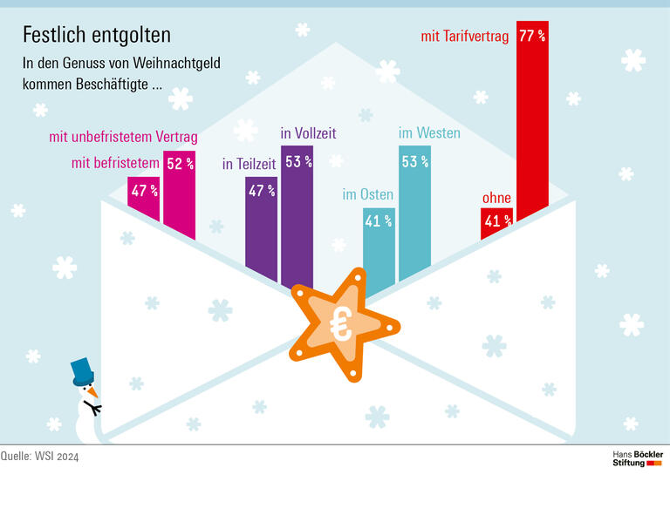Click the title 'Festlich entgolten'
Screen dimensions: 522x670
click(x=96, y=35)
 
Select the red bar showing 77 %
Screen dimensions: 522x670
click(x=532, y=113)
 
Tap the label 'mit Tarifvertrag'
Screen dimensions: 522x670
click(x=464, y=37)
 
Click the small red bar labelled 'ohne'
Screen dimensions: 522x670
click(x=496, y=223)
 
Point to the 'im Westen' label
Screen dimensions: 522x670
click(x=429, y=133)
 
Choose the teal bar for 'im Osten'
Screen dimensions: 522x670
click(x=379, y=248)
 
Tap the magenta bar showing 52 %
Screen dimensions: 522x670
click(x=180, y=192)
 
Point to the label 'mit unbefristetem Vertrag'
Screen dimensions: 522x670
click(x=124, y=137)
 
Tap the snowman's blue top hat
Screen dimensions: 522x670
click(x=82, y=371)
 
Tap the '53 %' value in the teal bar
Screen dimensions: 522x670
click(x=414, y=161)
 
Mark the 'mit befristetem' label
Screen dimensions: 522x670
click(x=115, y=162)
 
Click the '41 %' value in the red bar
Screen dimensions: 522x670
click(x=496, y=221)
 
